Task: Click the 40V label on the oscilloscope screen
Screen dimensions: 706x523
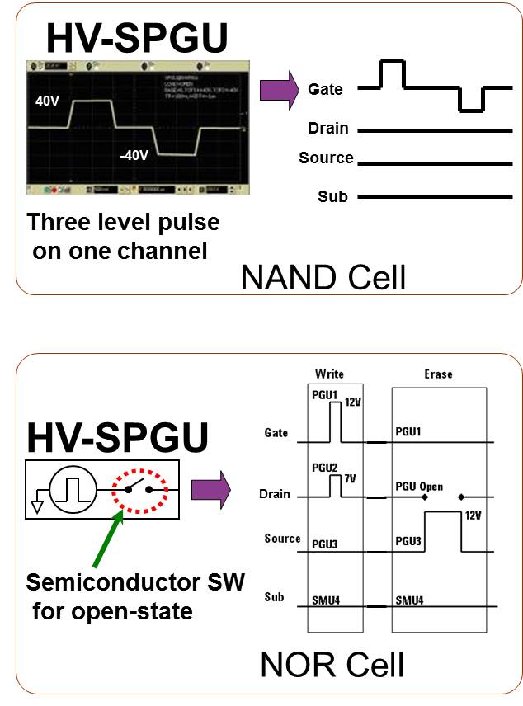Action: pos(47,101)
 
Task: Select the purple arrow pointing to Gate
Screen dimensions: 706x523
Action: pos(278,90)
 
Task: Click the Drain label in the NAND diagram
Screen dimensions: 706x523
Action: pos(327,129)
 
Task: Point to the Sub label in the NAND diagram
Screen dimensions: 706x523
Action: pos(332,196)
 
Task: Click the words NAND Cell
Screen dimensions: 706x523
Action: pos(323,278)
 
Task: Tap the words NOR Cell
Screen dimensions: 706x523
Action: pos(332,664)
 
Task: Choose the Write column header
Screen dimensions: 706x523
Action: pos(329,374)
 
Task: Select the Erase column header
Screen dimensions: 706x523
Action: pos(438,374)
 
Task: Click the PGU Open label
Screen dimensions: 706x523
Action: pos(420,487)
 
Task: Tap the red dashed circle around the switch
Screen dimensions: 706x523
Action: pos(139,489)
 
